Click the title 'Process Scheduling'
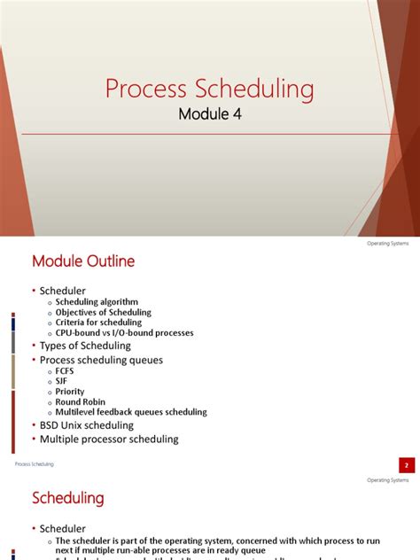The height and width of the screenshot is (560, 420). (x=209, y=89)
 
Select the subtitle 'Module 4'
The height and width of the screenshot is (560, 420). (x=209, y=114)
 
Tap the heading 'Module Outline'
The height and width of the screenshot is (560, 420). (x=83, y=261)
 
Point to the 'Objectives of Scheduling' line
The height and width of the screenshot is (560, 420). (x=104, y=313)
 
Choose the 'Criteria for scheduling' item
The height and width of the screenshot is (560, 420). (x=98, y=323)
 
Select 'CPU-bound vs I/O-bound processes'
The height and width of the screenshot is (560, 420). (x=124, y=333)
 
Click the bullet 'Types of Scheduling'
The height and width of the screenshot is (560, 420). (x=85, y=346)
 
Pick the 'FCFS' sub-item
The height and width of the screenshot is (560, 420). (x=66, y=372)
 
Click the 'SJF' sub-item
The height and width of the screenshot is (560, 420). (x=61, y=382)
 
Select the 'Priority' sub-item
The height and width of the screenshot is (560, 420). (x=70, y=392)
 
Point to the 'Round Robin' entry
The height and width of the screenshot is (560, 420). (x=81, y=402)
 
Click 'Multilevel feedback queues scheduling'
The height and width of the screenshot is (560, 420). (x=131, y=412)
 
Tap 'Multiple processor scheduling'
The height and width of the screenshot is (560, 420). (x=109, y=439)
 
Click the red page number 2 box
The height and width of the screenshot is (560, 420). (x=406, y=464)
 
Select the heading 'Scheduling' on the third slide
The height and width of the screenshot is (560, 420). (x=68, y=498)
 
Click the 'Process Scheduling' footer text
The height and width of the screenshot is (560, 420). (x=35, y=464)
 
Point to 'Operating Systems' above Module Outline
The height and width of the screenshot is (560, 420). (x=388, y=244)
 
